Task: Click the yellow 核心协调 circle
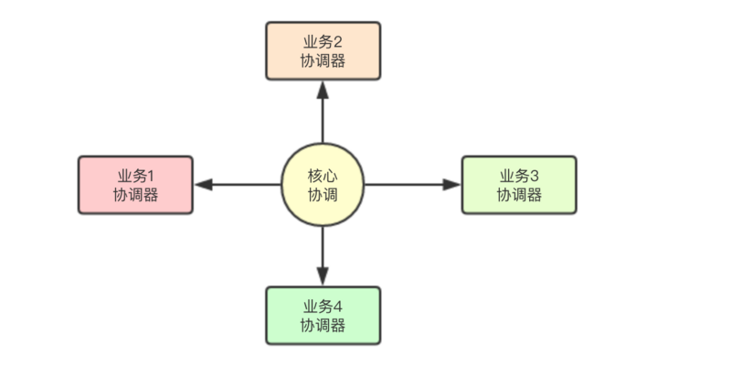pos(323,184)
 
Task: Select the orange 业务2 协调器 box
pos(323,51)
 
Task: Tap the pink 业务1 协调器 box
pos(135,185)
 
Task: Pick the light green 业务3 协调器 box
pos(519,185)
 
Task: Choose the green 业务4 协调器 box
pos(323,315)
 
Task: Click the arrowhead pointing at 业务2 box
pos(323,89)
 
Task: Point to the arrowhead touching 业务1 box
pos(204,184)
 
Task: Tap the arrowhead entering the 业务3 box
pos(451,184)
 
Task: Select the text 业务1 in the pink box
pos(135,176)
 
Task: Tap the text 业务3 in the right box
pos(519,176)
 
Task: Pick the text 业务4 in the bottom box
pos(323,306)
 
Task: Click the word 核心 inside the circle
pos(323,175)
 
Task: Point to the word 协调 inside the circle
pos(323,194)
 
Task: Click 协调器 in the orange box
pos(323,61)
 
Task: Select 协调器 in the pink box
pos(135,195)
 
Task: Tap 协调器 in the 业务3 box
pos(519,195)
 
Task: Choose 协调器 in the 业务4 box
pos(323,325)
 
